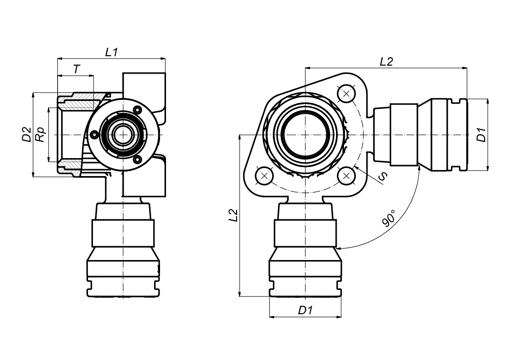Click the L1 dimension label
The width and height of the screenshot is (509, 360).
(111, 52)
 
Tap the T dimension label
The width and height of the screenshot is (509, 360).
(76, 69)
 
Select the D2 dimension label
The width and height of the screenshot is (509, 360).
(27, 134)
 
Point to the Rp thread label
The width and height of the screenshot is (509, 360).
(40, 134)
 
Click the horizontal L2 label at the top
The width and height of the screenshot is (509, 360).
(386, 61)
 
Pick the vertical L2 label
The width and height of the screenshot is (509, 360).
(234, 215)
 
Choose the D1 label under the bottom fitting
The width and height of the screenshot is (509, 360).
(305, 310)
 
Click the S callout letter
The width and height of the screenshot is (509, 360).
(383, 176)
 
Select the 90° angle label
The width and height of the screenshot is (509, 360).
(389, 218)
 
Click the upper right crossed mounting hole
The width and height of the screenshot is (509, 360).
(346, 94)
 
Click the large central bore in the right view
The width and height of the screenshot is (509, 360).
(306, 134)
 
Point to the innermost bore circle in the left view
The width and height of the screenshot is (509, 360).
(123, 134)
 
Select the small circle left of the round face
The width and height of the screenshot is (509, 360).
(94, 135)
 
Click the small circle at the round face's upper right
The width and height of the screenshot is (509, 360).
(137, 110)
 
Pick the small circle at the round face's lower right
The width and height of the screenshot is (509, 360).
(137, 159)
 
